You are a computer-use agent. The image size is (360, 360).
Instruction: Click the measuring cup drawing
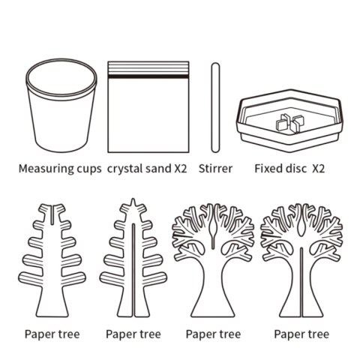click(61, 106)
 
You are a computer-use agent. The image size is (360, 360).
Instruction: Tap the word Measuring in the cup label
click(46, 169)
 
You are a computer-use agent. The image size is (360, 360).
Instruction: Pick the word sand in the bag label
click(159, 169)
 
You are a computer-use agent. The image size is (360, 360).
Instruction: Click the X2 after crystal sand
click(181, 169)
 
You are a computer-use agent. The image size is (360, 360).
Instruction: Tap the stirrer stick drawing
click(215, 108)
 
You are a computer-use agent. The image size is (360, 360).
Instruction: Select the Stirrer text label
click(215, 169)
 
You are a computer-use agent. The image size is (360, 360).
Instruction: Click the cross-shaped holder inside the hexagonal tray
click(290, 123)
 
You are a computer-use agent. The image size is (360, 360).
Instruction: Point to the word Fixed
click(268, 169)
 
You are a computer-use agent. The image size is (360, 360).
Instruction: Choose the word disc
click(295, 169)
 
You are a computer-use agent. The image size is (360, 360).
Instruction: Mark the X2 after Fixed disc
click(319, 169)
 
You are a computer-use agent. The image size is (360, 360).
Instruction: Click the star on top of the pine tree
click(133, 204)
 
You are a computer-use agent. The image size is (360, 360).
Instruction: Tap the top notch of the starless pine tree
click(52, 214)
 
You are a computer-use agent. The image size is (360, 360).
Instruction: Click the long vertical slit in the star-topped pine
click(133, 270)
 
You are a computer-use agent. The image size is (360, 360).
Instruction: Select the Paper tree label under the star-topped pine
click(133, 334)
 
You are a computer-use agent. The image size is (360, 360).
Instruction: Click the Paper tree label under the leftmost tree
click(52, 334)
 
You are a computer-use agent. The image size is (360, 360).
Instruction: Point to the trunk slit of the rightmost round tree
click(301, 282)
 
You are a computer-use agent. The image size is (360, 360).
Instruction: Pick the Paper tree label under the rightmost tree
click(301, 334)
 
